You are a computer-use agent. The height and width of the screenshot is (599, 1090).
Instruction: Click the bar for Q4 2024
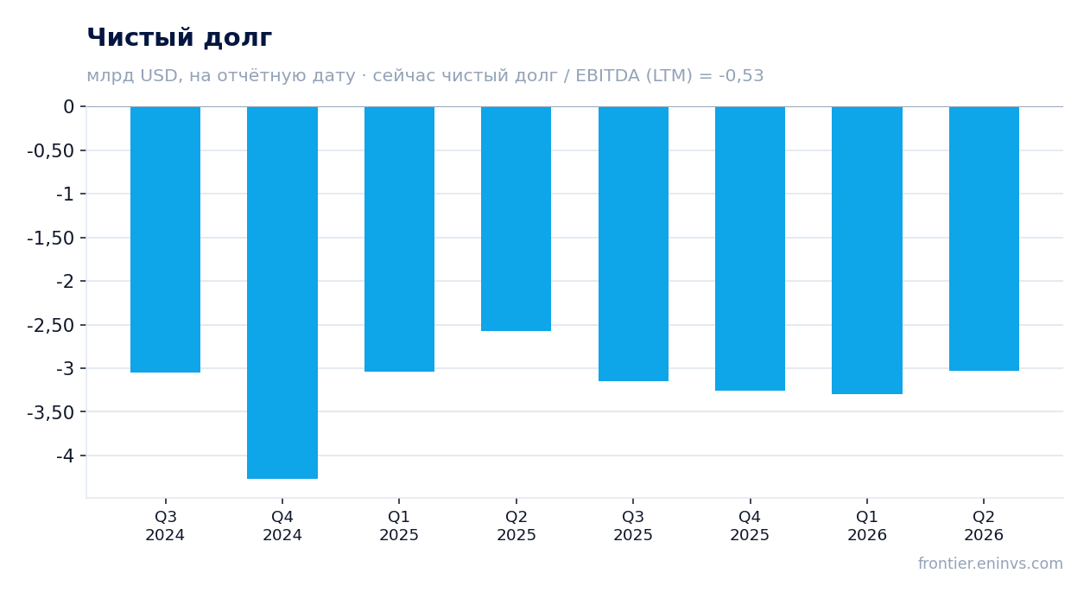tap(282, 292)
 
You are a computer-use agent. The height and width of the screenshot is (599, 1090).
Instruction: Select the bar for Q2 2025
tap(516, 219)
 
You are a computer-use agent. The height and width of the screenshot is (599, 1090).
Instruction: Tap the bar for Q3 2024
tap(166, 239)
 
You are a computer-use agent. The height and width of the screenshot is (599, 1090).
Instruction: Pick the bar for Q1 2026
tap(867, 251)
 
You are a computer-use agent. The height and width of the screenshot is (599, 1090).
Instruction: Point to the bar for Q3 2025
tap(633, 244)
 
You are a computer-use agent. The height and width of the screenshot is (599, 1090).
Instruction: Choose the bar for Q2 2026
tap(984, 239)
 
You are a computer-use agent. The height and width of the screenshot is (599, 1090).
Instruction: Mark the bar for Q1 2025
tap(400, 239)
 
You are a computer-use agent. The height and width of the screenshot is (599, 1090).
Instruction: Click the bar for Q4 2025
tap(750, 248)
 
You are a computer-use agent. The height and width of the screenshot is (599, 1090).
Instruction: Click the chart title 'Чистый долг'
tap(179, 37)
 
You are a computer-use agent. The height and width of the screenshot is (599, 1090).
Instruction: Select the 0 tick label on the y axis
tap(68, 106)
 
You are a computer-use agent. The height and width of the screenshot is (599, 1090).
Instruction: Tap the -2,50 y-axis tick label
tap(51, 325)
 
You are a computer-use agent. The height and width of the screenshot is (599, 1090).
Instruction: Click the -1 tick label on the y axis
tap(65, 194)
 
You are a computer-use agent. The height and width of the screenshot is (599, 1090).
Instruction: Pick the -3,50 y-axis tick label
tap(51, 412)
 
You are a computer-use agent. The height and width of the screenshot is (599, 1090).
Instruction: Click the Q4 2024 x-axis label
tap(282, 526)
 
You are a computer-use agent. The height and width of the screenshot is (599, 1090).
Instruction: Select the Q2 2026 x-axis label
tap(984, 526)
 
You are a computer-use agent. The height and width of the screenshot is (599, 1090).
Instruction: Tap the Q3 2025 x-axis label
tap(632, 526)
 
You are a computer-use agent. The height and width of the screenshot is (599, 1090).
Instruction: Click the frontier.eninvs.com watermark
tap(991, 564)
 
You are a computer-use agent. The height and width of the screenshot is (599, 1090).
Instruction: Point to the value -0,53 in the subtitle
tap(741, 76)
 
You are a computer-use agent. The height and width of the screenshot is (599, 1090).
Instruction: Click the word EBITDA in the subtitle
tap(607, 75)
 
